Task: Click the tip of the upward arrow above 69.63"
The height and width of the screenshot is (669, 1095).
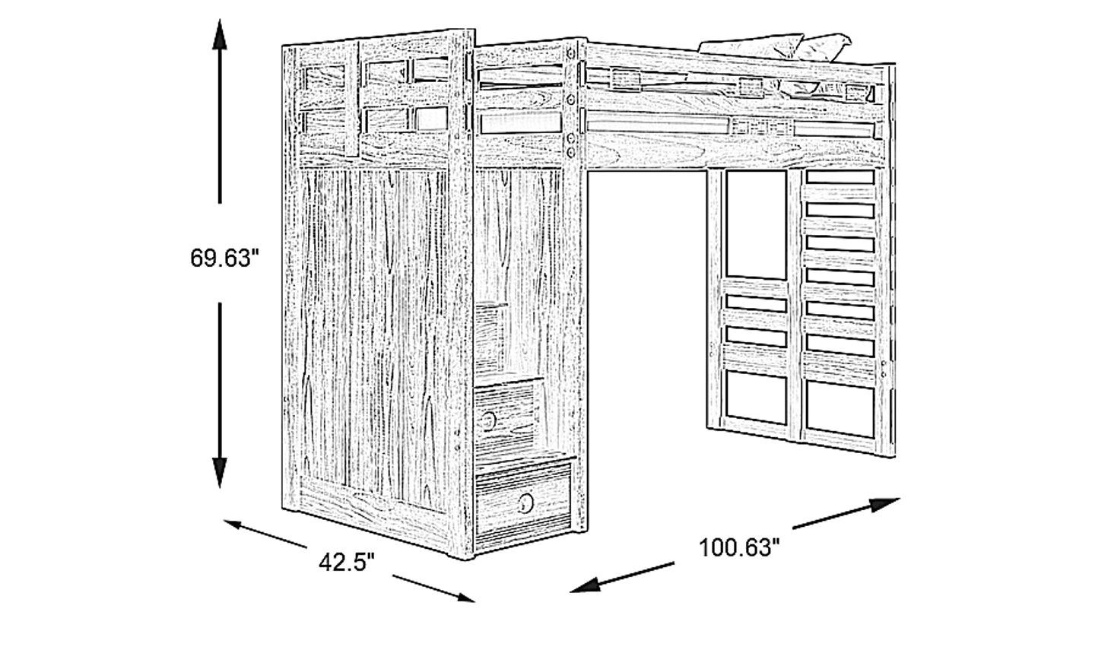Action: (220, 20)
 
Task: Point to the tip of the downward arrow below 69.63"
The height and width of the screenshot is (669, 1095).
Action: (220, 488)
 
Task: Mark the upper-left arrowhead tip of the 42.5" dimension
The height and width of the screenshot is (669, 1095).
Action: (224, 521)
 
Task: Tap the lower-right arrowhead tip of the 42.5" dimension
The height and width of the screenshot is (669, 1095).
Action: (475, 601)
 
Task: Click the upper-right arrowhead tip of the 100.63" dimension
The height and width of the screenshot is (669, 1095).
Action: (900, 499)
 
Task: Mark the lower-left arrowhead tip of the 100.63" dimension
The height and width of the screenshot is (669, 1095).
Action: (570, 592)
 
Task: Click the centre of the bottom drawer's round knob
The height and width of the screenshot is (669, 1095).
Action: (526, 503)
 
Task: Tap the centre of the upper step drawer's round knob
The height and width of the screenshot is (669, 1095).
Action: (488, 420)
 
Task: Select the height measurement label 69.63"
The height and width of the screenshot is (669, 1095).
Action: (224, 258)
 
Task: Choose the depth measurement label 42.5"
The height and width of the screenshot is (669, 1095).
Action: (347, 562)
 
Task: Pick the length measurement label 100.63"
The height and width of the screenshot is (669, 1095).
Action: (739, 547)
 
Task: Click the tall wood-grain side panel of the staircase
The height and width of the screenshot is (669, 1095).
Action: (374, 338)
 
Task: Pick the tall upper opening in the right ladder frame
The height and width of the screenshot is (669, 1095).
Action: (756, 224)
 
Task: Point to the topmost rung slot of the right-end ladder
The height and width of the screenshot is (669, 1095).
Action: (840, 177)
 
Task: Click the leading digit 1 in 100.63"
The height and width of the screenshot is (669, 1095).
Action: (704, 547)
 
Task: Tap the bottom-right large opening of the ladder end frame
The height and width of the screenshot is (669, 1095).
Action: (840, 409)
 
